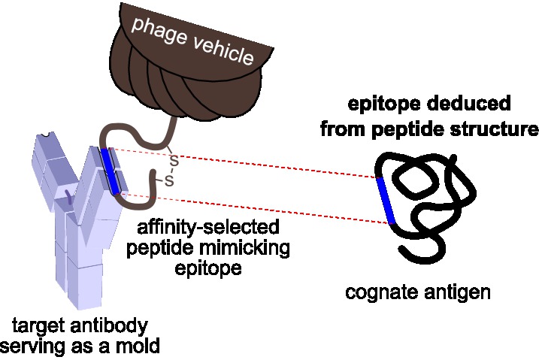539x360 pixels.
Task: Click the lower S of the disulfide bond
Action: click(x=169, y=181)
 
